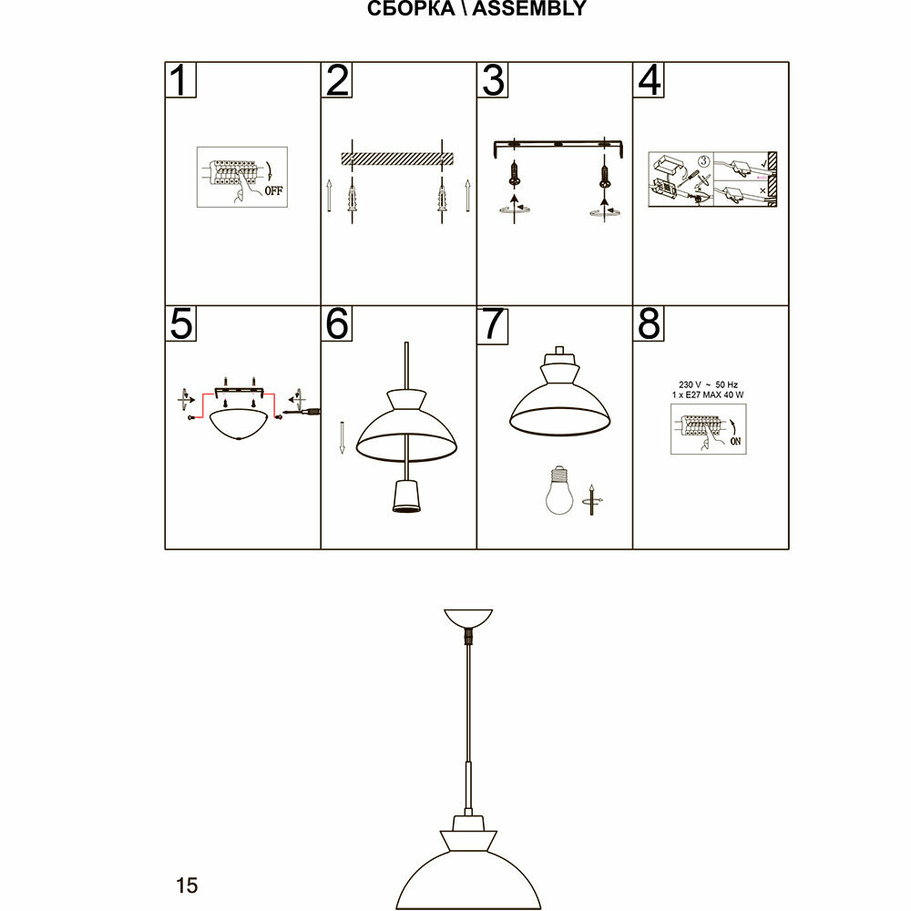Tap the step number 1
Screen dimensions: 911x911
coord(181,80)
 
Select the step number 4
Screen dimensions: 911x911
coord(649,80)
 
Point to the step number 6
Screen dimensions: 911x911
coord(337,323)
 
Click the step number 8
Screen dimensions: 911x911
coord(649,323)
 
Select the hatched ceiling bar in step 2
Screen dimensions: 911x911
coord(395,158)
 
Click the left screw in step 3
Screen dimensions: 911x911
coord(516,172)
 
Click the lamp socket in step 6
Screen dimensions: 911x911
coord(404,497)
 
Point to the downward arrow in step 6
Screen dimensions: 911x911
coord(342,436)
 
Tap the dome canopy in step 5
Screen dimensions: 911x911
coord(239,424)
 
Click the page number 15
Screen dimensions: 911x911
coord(187,885)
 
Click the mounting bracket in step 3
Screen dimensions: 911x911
coord(557,145)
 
